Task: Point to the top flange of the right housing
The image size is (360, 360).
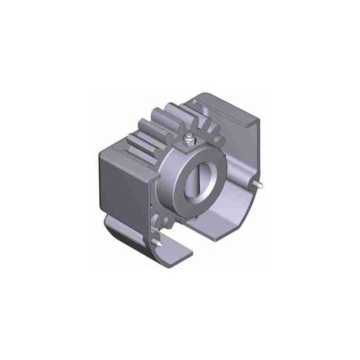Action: (x=229, y=106)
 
